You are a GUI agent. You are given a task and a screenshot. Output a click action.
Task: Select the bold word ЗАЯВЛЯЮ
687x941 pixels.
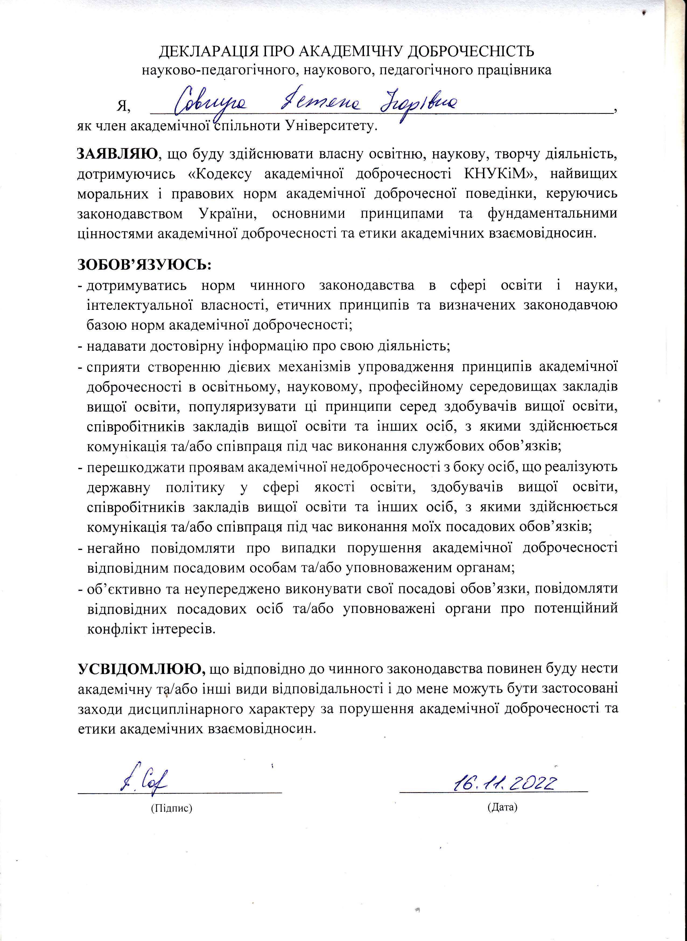point(118,154)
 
